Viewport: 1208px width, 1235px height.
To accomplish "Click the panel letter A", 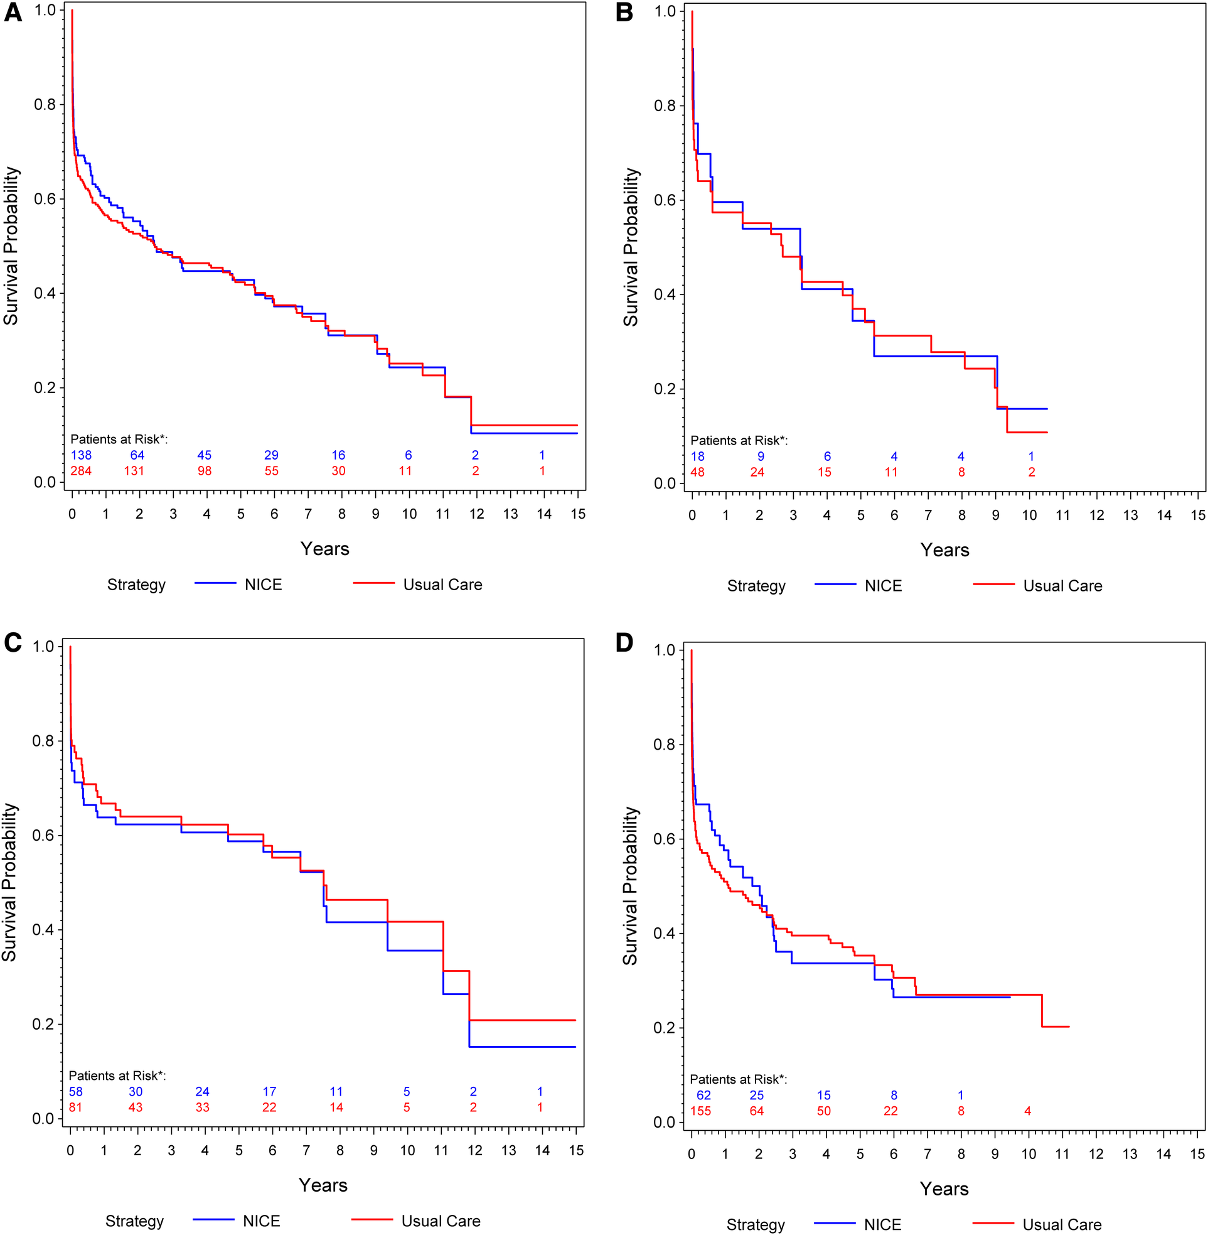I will tap(13, 12).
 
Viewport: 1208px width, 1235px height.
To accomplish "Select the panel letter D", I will tap(624, 642).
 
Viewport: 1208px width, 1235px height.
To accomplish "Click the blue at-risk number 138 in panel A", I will tap(80, 455).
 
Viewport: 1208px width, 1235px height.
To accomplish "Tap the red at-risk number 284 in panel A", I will tap(80, 471).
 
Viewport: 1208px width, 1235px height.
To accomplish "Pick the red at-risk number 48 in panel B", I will tap(697, 472).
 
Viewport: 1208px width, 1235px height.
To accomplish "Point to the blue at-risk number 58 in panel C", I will tap(75, 1092).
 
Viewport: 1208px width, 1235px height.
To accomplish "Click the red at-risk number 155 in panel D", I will tap(700, 1111).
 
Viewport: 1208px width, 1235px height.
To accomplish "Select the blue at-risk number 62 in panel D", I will tap(703, 1096).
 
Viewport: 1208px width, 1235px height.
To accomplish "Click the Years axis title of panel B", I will tap(944, 550).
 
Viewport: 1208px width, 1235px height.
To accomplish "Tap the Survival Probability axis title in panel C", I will tap(9, 882).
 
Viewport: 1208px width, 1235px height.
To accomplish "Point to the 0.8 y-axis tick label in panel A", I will tap(45, 104).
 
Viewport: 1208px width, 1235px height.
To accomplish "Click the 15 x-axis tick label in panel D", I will tap(1197, 1155).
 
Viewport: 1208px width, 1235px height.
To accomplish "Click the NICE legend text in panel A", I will tap(264, 585).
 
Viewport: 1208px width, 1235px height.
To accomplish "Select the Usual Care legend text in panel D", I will tap(1062, 1225).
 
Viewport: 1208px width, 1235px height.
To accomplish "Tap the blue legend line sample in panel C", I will tap(213, 1219).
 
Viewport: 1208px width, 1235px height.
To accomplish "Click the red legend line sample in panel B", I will tap(993, 584).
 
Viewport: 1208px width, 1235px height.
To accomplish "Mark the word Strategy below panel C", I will tap(134, 1221).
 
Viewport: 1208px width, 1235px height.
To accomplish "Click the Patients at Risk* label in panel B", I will tap(739, 440).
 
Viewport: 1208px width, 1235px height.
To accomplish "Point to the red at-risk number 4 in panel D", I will tap(1028, 1111).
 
